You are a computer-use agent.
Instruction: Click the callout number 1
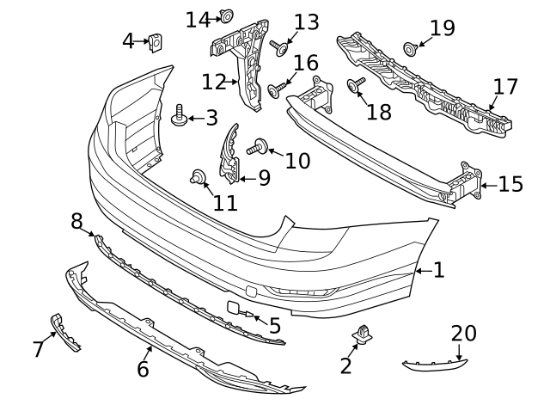point(438,271)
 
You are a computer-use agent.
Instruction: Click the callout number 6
point(143,370)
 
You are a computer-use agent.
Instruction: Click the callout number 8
point(77,221)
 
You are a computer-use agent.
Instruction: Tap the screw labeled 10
point(257,149)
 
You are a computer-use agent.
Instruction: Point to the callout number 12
point(212,83)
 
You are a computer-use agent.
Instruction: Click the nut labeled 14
point(227,15)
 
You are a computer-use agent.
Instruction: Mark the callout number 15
point(510,183)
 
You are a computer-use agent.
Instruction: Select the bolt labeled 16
point(278,89)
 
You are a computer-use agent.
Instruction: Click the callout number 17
point(505,86)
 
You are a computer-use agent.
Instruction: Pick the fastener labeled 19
point(411,46)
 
